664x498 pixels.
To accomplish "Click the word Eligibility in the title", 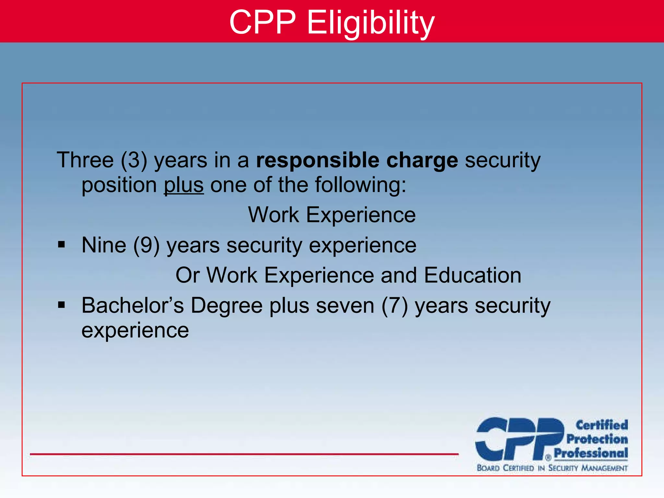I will point(370,23).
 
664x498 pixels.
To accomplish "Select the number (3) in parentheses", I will point(134,160).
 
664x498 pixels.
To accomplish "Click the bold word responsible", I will point(317,160).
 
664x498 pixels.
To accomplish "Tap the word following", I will point(360,185).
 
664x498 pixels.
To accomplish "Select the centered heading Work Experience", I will point(332,215).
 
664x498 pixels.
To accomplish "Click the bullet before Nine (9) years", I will point(61,245).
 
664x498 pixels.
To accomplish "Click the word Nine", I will point(104,245).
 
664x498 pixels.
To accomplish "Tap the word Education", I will point(472,275).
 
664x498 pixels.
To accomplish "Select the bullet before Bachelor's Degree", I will point(61,305).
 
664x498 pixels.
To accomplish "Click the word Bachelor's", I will point(132,305).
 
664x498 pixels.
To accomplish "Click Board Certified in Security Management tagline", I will point(552,468).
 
